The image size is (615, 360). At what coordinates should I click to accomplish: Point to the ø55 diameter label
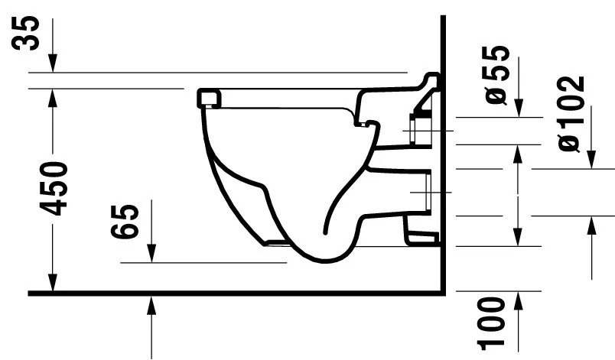click(x=496, y=73)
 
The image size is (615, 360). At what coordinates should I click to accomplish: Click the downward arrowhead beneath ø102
click(x=591, y=161)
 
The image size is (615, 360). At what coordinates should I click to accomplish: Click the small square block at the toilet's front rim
click(x=209, y=97)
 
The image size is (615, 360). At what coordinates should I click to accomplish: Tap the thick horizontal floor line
click(x=229, y=293)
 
